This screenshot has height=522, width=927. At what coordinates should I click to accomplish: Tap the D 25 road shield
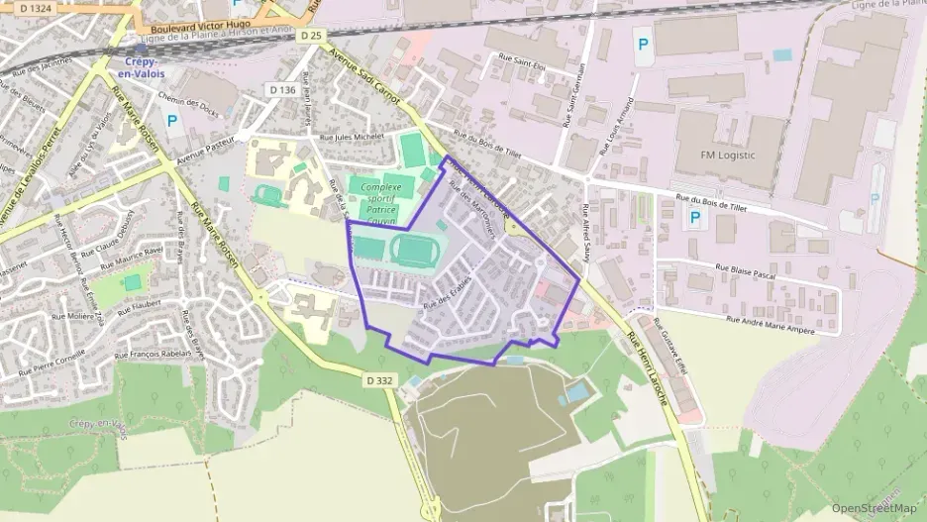coord(310,36)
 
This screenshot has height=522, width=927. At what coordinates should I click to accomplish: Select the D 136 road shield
coord(282,89)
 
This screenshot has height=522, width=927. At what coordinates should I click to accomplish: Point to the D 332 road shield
coord(379,379)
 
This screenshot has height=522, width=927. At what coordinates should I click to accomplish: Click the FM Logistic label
coord(727,156)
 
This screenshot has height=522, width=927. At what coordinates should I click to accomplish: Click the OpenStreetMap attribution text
coord(875,508)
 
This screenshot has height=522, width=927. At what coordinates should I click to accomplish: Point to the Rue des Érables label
coord(445,291)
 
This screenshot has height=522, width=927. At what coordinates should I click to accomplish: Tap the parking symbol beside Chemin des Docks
coord(172,121)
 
